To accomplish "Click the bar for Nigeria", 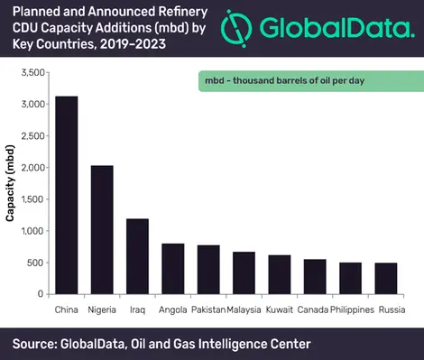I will (102, 230).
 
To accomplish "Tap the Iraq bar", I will (138, 256).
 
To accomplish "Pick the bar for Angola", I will (174, 269).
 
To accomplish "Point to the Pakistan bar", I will (209, 270).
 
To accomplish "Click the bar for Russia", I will (385, 279).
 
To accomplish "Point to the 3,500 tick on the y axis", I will (32, 72).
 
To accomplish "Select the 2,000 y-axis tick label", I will (32, 168).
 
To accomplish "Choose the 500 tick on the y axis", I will (37, 263).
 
